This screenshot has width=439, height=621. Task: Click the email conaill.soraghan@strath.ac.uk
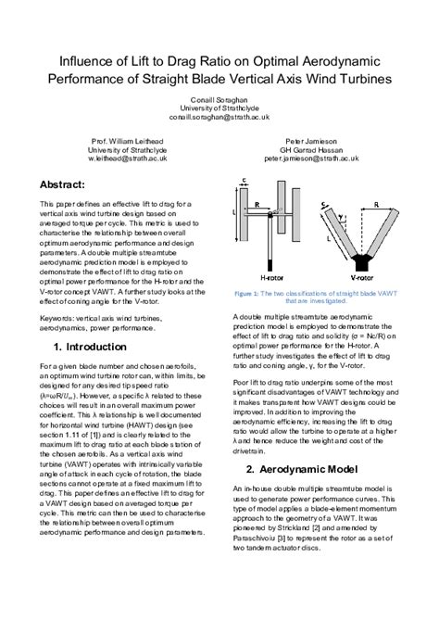219,119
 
